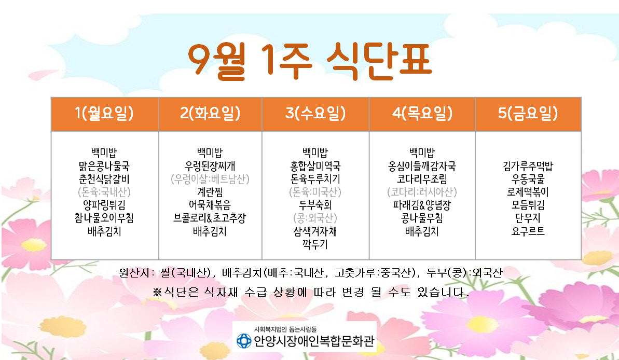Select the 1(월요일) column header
pos(105,114)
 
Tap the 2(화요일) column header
pos(211,114)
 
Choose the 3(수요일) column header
pos(315,114)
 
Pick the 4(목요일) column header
pos(422,114)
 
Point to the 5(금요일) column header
pos(528,114)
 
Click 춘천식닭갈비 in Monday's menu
pos(104,179)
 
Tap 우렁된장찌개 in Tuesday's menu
pos(210,166)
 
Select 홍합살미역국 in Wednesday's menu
pos(315,166)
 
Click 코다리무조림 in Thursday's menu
pos(422,179)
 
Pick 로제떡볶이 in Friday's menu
pos(528,192)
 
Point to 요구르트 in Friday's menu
pos(528,231)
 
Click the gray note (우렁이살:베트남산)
pos(210,179)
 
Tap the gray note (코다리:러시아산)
pos(422,192)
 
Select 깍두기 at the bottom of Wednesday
pos(315,244)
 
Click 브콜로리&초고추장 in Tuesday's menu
pos(210,218)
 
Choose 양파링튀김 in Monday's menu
pos(104,205)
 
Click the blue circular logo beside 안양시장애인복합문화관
pos(243,341)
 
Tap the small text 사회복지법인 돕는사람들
pos(285,329)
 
